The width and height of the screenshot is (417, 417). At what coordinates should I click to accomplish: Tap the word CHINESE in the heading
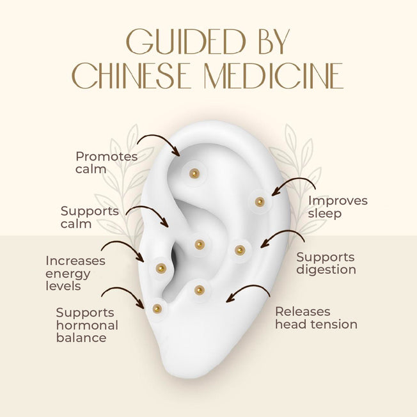[x=132, y=76]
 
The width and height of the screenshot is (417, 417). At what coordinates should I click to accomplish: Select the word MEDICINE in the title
[x=274, y=76]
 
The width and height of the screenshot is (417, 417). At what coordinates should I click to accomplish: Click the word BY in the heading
[x=274, y=42]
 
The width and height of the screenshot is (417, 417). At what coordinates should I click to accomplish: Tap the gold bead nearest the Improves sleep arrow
[x=260, y=202]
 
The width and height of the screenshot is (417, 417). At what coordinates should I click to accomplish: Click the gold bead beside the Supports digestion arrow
[x=240, y=250]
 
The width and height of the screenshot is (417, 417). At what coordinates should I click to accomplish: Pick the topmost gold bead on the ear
[x=194, y=174]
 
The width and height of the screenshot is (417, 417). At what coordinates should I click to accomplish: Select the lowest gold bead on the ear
[x=157, y=309]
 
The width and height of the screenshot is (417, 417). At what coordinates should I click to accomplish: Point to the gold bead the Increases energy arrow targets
[x=161, y=269]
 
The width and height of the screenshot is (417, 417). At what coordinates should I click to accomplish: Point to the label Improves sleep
[x=338, y=207]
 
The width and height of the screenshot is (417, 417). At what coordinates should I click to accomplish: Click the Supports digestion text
[x=326, y=264]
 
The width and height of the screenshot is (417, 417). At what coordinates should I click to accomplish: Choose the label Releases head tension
[x=316, y=318]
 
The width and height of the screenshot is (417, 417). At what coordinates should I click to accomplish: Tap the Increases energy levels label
[x=75, y=273]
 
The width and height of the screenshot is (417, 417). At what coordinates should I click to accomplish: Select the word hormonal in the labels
[x=87, y=326]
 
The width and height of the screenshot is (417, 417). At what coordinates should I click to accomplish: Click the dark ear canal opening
[x=174, y=254]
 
